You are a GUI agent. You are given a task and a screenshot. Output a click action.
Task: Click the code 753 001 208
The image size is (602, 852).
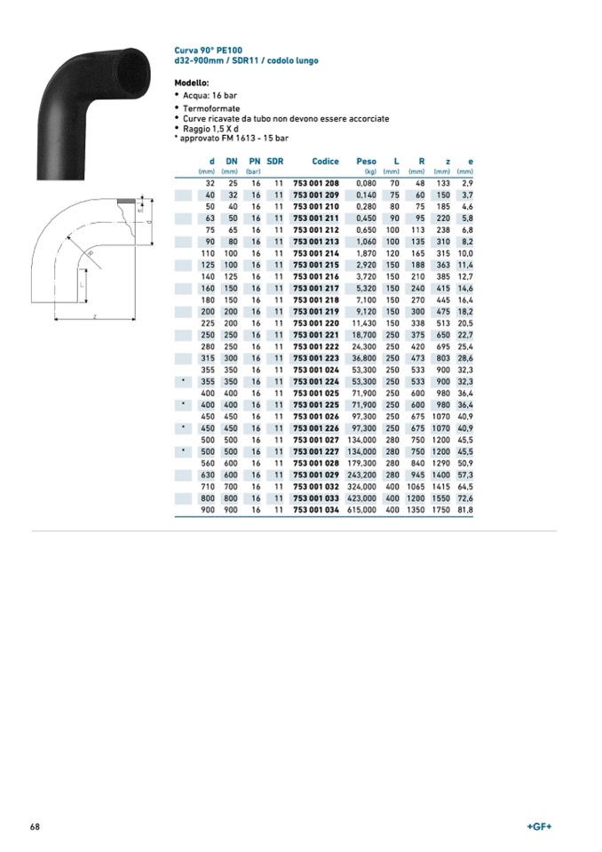316,183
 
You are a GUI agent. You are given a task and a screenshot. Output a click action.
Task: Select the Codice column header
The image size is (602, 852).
325,162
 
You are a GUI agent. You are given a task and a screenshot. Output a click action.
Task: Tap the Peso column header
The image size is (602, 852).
366,162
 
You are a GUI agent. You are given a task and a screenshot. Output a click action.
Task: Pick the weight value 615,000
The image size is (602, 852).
361,510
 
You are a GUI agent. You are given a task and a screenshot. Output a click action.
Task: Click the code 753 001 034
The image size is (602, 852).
316,510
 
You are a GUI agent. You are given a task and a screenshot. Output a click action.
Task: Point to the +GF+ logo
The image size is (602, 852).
539,826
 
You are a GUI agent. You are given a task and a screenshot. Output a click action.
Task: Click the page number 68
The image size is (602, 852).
35,826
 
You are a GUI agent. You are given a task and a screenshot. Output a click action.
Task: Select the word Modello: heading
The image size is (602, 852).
192,84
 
